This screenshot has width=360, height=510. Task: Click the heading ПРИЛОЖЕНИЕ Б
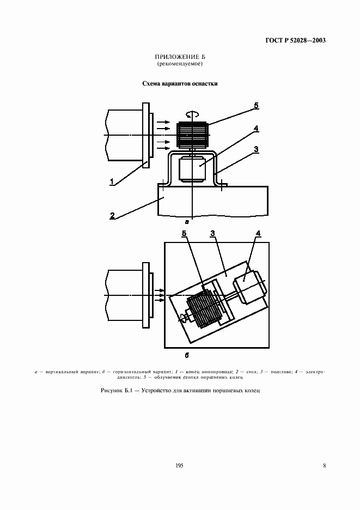[x=179, y=57]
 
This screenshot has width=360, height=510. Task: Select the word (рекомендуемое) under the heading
[x=179, y=64]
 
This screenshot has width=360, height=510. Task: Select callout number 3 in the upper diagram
[x=255, y=149]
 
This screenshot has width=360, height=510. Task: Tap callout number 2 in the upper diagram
[x=112, y=215]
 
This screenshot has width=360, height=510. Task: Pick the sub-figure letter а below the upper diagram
[x=187, y=222]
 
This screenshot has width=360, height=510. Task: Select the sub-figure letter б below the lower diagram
[x=187, y=355]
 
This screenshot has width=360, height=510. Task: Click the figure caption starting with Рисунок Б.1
[x=179, y=391]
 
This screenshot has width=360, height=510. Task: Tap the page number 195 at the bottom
[x=179, y=465]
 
